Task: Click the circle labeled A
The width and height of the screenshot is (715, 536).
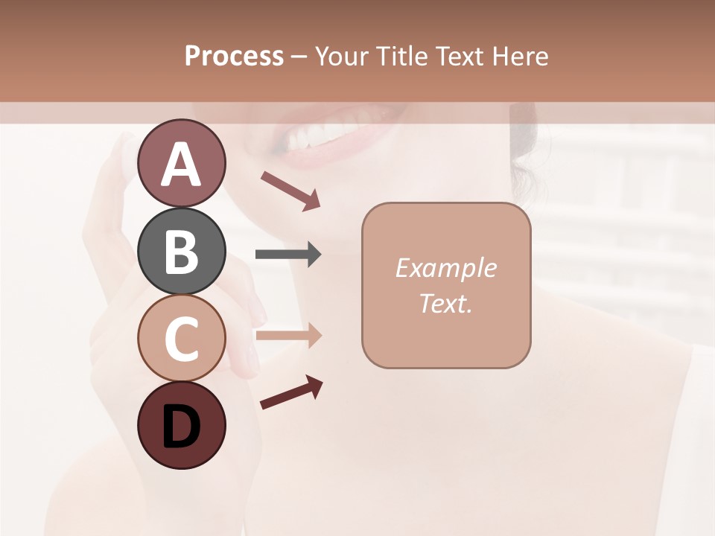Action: tap(182, 163)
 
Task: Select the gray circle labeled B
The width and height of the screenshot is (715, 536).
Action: tap(182, 251)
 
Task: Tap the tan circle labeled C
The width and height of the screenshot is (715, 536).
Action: tap(182, 339)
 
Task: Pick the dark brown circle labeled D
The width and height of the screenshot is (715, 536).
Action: tap(182, 426)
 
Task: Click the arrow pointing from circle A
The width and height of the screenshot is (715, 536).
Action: tap(290, 190)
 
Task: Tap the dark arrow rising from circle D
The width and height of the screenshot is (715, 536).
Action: tap(291, 392)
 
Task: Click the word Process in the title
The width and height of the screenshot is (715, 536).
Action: tap(234, 56)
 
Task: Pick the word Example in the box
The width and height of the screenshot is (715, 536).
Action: tap(445, 268)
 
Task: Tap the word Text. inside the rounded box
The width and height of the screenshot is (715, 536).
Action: tap(445, 303)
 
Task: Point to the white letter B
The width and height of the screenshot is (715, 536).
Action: tap(182, 252)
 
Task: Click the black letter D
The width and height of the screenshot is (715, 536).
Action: tap(182, 427)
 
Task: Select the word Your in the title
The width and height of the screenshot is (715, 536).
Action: tap(340, 56)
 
